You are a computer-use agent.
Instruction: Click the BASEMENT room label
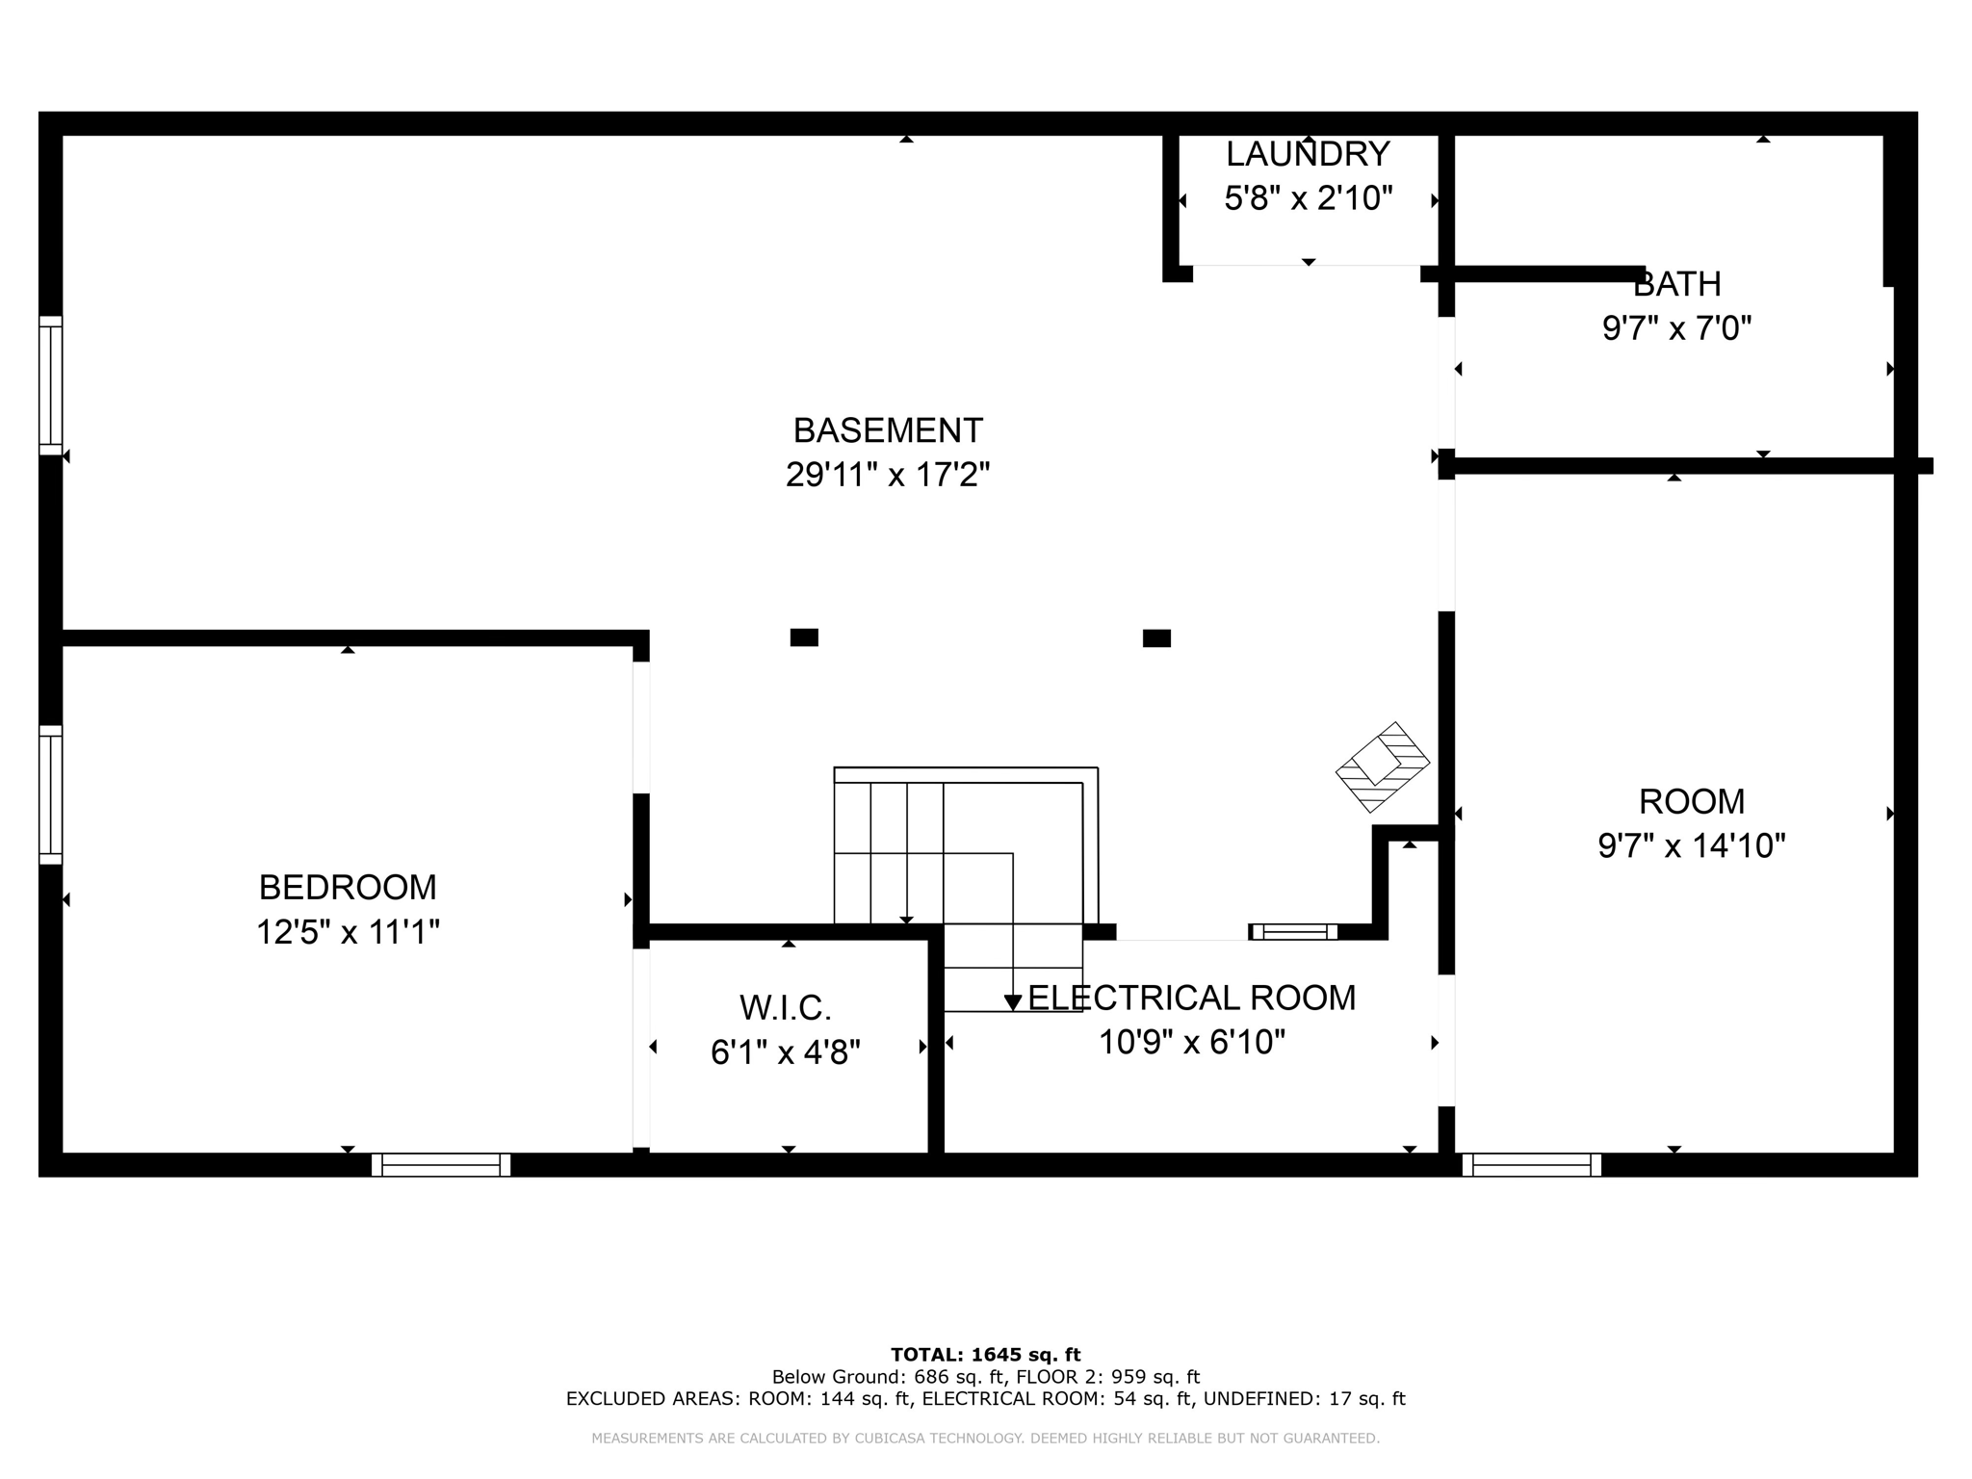(x=888, y=429)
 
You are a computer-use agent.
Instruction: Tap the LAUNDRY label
(x=1308, y=154)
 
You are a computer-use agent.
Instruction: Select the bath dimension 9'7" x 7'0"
(x=1676, y=328)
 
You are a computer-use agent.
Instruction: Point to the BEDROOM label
(x=348, y=887)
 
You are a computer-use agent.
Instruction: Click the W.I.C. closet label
(x=786, y=1008)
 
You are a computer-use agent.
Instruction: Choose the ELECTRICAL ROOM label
(x=1192, y=998)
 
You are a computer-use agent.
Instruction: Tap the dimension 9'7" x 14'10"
(x=1692, y=845)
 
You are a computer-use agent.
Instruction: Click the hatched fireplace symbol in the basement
(x=1383, y=767)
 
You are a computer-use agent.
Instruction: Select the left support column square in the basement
(x=804, y=637)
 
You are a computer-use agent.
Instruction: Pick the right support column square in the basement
(x=1156, y=638)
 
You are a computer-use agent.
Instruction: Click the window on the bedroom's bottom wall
(x=441, y=1165)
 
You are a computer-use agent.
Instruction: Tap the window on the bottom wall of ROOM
(x=1532, y=1165)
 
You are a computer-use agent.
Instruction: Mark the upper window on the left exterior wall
(x=50, y=385)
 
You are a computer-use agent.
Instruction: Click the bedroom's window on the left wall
(x=50, y=795)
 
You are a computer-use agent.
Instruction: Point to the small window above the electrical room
(x=1294, y=931)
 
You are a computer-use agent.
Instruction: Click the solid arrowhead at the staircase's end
(x=1013, y=1002)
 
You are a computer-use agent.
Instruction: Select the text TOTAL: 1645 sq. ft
(x=986, y=1355)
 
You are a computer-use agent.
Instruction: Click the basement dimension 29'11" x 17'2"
(x=888, y=475)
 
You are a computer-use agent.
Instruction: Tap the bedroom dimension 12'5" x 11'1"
(x=348, y=932)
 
